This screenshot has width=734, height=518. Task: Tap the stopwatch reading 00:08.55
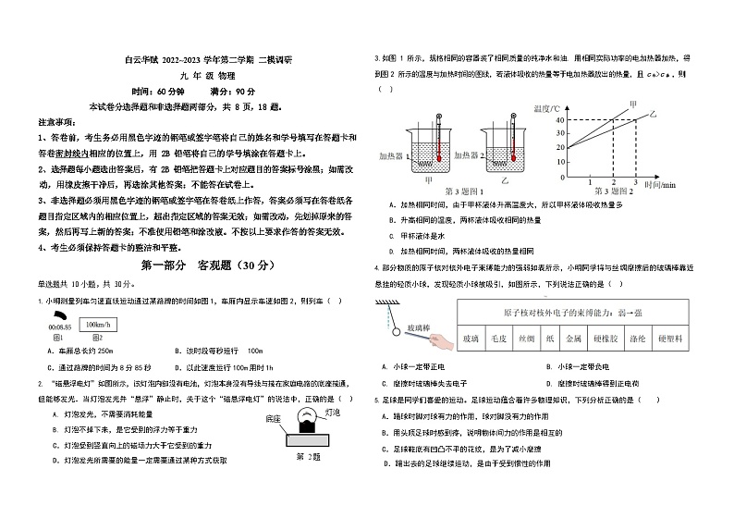58,328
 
